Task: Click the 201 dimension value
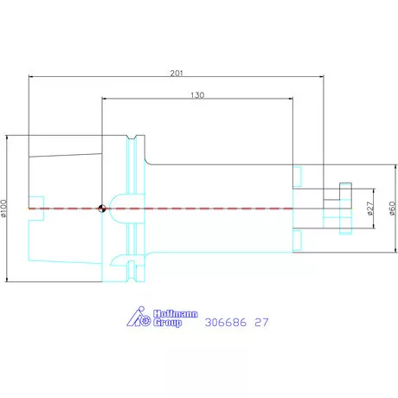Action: click(x=177, y=74)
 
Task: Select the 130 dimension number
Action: click(x=197, y=95)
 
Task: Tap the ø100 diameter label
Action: click(x=3, y=209)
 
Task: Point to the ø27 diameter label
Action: click(x=370, y=209)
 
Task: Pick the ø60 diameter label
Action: click(x=392, y=209)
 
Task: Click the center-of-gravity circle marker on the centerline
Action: click(x=102, y=209)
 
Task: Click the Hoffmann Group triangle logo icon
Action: click(x=138, y=317)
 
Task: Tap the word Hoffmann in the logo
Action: click(x=176, y=314)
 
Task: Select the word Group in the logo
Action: click(x=167, y=323)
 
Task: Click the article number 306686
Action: click(x=226, y=322)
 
